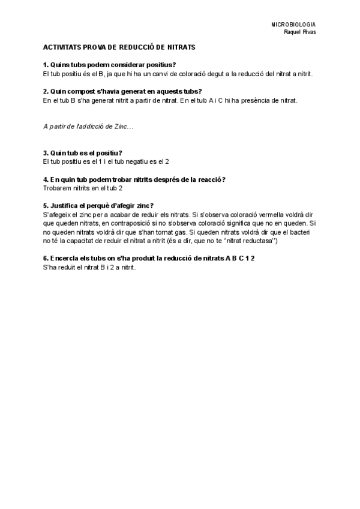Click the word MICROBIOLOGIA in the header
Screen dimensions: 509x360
click(293, 25)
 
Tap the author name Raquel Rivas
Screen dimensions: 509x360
click(300, 32)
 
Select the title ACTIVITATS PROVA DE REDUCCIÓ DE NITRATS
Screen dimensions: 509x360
click(119, 47)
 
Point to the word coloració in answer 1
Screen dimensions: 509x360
click(208, 73)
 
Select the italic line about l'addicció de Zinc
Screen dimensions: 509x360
click(89, 127)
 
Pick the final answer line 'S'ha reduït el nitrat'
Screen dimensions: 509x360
click(90, 267)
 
